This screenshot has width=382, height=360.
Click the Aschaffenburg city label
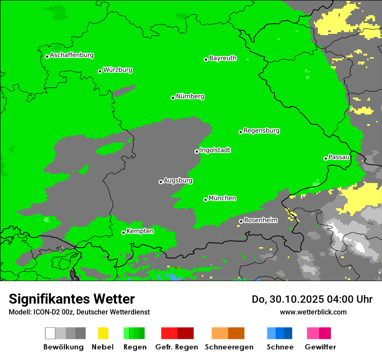coord(72,55)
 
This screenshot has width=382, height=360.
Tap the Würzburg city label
coord(118,70)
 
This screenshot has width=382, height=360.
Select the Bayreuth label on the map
coord(223,58)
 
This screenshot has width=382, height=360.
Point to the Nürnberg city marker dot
coord(173,98)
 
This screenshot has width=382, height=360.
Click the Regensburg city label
coord(261,131)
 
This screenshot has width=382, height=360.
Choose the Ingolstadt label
coord(215,150)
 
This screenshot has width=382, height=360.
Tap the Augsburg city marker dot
coord(161,182)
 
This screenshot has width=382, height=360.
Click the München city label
coord(222,198)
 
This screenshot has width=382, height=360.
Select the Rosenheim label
coord(260,220)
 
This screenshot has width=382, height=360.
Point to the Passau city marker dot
coord(326,158)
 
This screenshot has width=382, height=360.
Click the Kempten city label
coord(140,231)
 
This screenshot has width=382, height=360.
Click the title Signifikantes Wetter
coord(72,299)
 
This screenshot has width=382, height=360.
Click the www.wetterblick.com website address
coord(313,312)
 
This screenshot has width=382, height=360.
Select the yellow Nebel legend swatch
coord(103,333)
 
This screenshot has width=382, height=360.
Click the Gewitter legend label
coord(320,347)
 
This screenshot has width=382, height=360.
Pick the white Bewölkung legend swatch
coord(50,333)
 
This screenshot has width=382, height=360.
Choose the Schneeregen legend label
coord(229,347)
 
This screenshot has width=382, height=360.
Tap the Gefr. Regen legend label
coord(176,347)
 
